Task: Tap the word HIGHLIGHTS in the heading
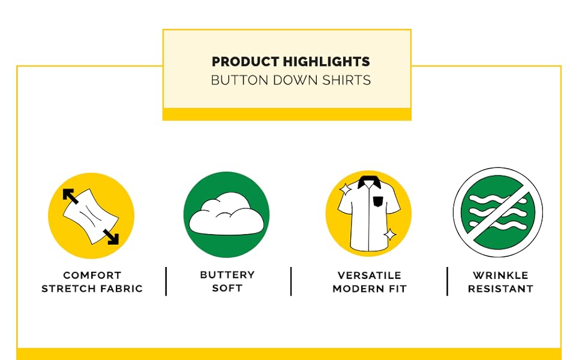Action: pos(326,62)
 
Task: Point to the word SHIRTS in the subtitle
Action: pos(346,80)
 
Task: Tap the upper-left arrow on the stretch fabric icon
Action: pos(70,196)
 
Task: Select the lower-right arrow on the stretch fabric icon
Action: pos(110,237)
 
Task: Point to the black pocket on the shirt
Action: pos(377,202)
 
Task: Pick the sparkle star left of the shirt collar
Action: pos(345,190)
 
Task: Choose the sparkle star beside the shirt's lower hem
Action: pos(390,235)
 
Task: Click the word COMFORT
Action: pos(92,275)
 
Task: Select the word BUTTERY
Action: pos(227,275)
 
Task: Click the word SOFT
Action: pos(227,288)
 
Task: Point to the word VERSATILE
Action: pos(370,275)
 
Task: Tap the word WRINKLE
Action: pos(500,275)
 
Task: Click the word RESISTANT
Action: pos(500,289)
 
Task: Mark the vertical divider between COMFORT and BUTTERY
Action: pos(166,281)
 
